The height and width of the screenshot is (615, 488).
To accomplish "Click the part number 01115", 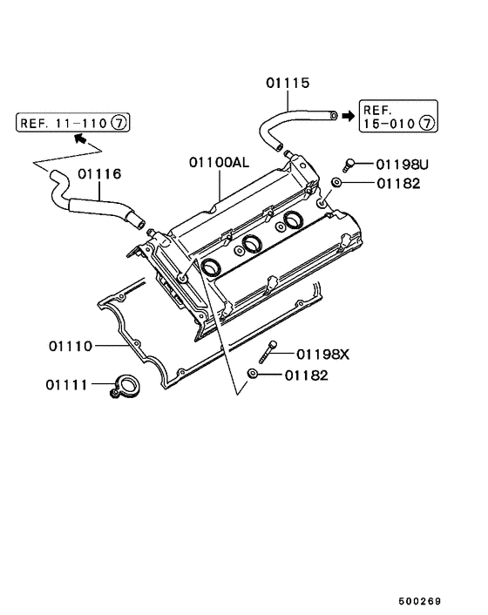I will pyautogui.click(x=288, y=84).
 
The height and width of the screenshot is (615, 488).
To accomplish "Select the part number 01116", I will pyautogui.click(x=98, y=174).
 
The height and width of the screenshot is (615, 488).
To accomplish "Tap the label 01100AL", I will pyautogui.click(x=218, y=162).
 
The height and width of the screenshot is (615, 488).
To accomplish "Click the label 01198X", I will pyautogui.click(x=322, y=354).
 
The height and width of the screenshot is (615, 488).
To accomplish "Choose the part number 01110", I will pyautogui.click(x=71, y=346).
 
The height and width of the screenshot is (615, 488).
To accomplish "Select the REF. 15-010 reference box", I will pyautogui.click(x=397, y=116).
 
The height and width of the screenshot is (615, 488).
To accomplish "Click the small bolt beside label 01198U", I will pyautogui.click(x=350, y=162).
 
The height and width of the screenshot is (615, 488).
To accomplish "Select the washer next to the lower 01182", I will pyautogui.click(x=251, y=374).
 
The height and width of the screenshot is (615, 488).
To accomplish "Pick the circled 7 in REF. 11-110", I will pyautogui.click(x=119, y=123).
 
